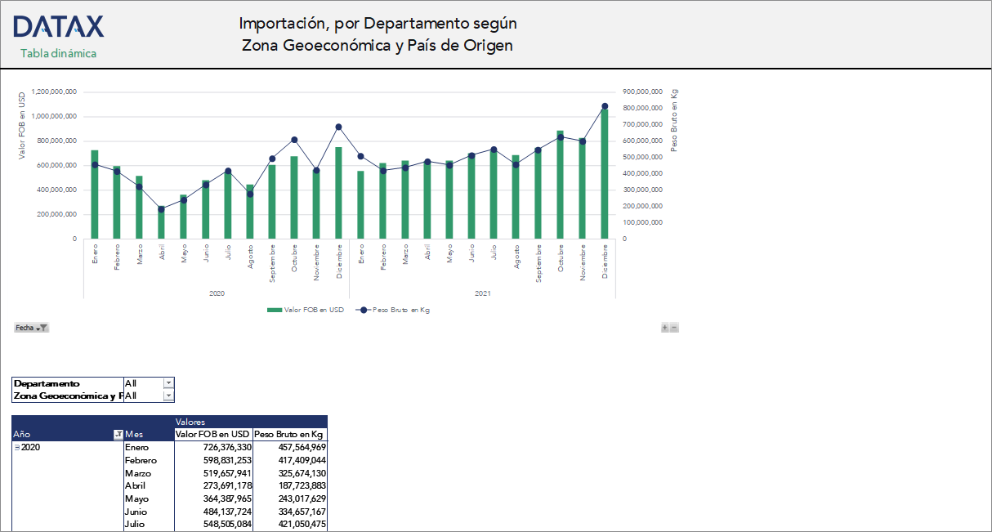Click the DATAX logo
(x=58, y=27)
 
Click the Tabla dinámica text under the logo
(x=58, y=54)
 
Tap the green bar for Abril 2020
(x=161, y=222)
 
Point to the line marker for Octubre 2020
(x=294, y=140)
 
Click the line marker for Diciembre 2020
(x=338, y=127)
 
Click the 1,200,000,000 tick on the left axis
(x=54, y=92)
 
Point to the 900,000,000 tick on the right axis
(x=642, y=92)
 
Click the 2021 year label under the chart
(x=482, y=293)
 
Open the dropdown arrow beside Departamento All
(x=168, y=382)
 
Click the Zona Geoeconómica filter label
(x=67, y=396)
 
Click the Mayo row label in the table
(x=136, y=498)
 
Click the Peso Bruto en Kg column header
(x=289, y=435)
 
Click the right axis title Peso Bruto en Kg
(x=674, y=120)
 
